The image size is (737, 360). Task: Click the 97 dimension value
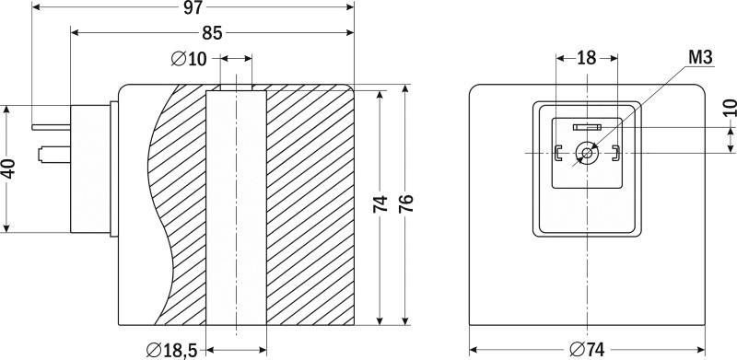click(x=193, y=8)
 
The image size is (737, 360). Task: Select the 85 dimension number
click(x=212, y=33)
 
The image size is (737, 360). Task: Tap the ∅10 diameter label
click(x=189, y=59)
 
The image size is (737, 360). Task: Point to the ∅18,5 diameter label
click(x=171, y=350)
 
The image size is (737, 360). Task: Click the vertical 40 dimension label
click(x=8, y=168)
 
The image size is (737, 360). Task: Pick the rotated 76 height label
click(x=405, y=203)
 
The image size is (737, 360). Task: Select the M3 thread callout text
click(x=700, y=57)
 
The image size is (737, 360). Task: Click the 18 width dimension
click(x=586, y=58)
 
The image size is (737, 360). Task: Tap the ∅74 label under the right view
click(x=587, y=350)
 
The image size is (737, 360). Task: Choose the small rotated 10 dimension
click(x=729, y=107)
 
